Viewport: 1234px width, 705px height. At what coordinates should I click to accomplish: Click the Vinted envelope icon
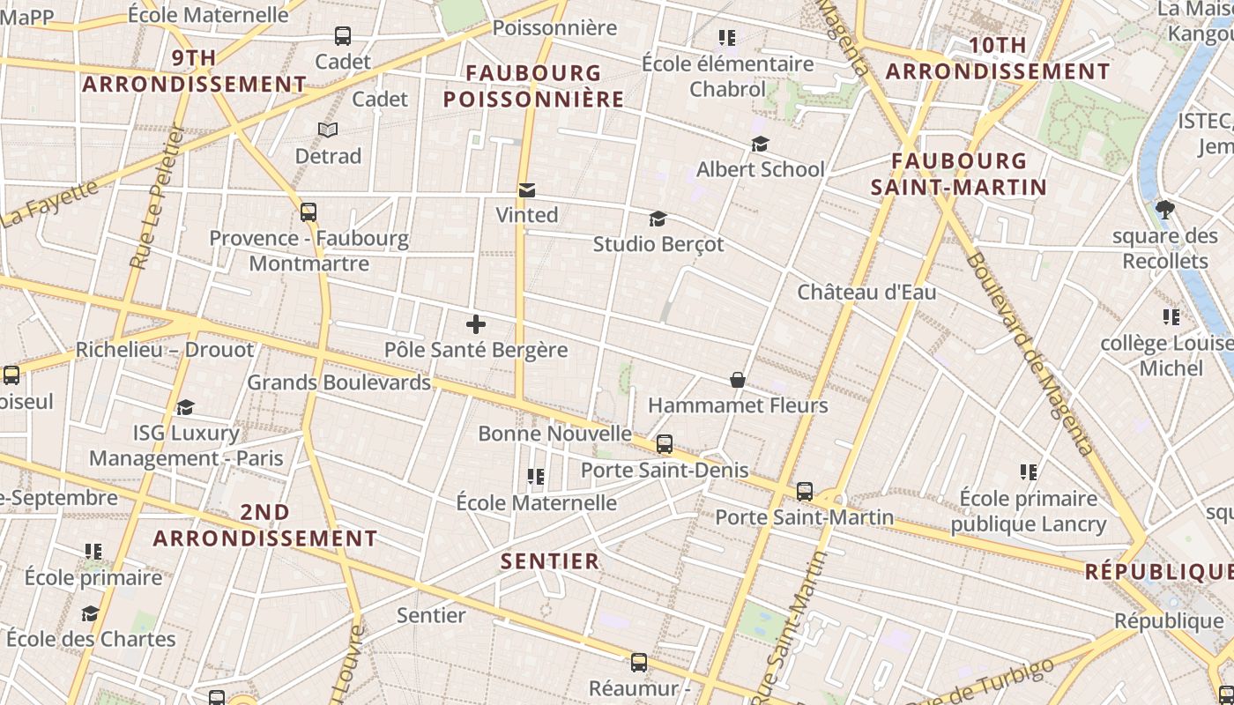point(527,189)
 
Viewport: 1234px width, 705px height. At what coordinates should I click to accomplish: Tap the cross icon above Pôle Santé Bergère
point(476,324)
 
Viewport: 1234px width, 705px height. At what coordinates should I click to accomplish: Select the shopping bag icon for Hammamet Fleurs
point(738,380)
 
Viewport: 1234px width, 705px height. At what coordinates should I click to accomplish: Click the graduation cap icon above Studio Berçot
point(658,219)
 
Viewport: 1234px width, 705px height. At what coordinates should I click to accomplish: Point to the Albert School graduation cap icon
point(760,144)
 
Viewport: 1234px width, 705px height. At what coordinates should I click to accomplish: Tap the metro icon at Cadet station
point(343,36)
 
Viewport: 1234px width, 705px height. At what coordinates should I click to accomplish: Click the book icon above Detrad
point(328,130)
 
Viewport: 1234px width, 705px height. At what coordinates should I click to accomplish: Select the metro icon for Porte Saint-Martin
point(805,492)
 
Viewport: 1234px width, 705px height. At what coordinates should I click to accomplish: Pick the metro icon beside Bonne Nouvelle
point(665,444)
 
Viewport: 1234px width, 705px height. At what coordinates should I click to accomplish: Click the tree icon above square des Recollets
point(1165,210)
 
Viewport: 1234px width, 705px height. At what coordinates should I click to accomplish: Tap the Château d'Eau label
point(866,292)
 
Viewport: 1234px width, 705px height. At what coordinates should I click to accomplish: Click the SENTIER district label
point(550,560)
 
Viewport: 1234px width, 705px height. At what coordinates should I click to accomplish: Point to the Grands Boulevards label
point(338,382)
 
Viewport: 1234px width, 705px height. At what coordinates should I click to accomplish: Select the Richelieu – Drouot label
point(165,349)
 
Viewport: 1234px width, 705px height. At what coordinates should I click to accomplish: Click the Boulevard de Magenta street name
point(1030,352)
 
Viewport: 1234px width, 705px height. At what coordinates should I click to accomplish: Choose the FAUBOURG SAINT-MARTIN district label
point(959,174)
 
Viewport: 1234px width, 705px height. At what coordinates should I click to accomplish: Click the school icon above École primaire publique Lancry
point(1028,472)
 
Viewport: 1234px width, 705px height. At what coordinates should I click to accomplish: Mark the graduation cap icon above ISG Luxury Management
point(185,407)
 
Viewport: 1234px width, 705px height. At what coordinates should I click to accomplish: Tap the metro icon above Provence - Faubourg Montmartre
point(308,212)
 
